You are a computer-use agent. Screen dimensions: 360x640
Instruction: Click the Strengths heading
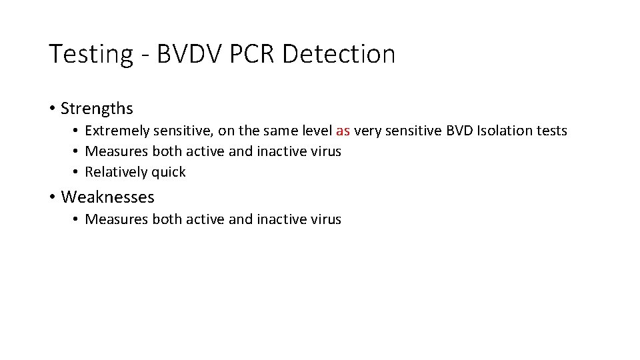[x=97, y=109]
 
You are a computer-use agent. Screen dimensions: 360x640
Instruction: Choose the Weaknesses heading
[x=107, y=197]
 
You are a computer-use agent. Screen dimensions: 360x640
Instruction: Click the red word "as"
[x=343, y=131]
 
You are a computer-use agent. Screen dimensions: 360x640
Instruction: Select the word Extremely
[x=117, y=131]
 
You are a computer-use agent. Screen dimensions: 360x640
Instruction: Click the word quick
[x=169, y=172]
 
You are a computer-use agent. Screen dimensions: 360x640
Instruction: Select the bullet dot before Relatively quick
[x=77, y=172]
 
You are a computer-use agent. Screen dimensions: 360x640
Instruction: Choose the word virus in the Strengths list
[x=327, y=151]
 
